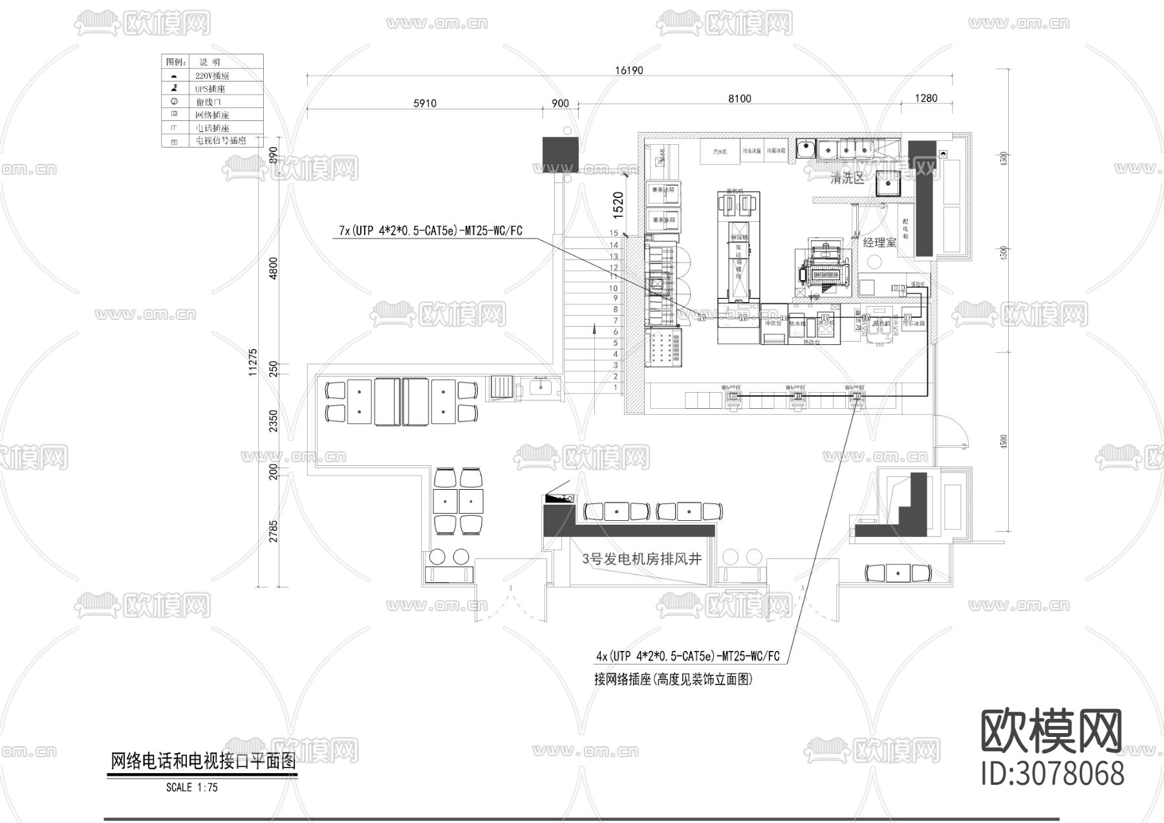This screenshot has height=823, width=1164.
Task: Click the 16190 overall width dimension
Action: [629, 70]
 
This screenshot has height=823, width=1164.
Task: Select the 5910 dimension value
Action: [424, 103]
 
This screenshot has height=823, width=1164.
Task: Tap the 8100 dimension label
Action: [739, 98]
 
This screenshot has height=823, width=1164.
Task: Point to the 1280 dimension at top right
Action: [926, 98]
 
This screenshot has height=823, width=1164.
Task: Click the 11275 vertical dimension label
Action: [253, 362]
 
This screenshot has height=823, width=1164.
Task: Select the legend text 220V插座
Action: [212, 76]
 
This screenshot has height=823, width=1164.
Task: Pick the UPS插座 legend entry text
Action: [210, 89]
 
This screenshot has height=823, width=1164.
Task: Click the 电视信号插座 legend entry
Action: [221, 140]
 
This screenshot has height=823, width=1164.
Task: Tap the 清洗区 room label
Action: [847, 179]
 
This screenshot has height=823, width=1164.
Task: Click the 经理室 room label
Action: [879, 243]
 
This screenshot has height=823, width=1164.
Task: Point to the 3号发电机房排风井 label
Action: [641, 559]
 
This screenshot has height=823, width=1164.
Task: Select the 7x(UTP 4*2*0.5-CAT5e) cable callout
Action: [430, 230]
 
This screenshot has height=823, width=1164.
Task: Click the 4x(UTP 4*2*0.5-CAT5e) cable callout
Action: [687, 656]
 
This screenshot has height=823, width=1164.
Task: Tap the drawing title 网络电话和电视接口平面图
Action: [203, 762]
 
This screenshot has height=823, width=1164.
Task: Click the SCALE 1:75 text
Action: [192, 787]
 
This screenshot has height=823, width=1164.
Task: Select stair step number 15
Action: [614, 233]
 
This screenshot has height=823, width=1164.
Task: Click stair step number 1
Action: [615, 388]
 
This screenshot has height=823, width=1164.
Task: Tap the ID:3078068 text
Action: [1052, 774]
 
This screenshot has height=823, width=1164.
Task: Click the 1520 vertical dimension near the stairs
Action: [618, 204]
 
